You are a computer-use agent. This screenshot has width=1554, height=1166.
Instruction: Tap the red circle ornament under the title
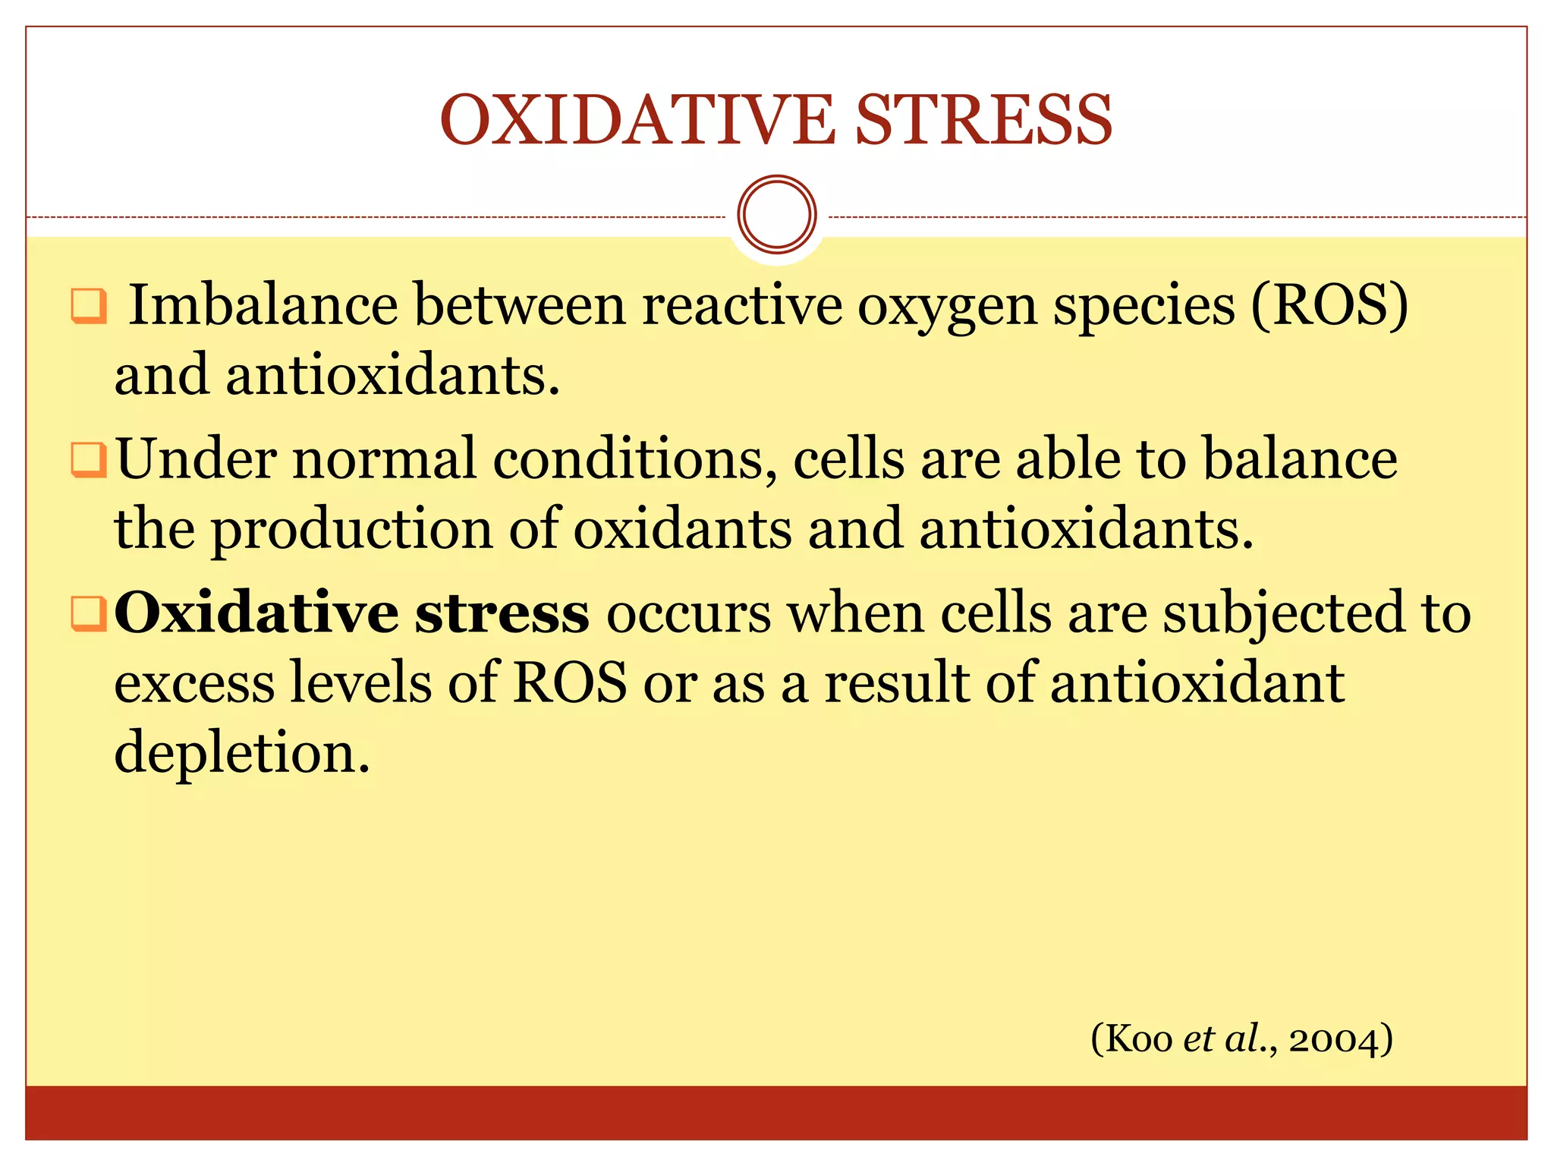point(776,215)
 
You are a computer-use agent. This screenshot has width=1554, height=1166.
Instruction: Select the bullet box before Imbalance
point(88,305)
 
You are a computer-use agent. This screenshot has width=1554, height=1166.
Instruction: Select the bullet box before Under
point(88,460)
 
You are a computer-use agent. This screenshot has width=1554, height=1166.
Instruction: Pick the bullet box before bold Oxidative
point(88,613)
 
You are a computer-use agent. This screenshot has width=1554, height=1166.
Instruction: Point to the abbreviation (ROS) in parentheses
point(1329,305)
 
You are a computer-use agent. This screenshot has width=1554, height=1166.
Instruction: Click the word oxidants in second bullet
point(681,529)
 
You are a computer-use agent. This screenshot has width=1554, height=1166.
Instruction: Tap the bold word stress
point(502,613)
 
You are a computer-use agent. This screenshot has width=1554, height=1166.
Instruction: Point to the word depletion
point(241,752)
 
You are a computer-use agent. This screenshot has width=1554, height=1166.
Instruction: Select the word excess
point(194,682)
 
